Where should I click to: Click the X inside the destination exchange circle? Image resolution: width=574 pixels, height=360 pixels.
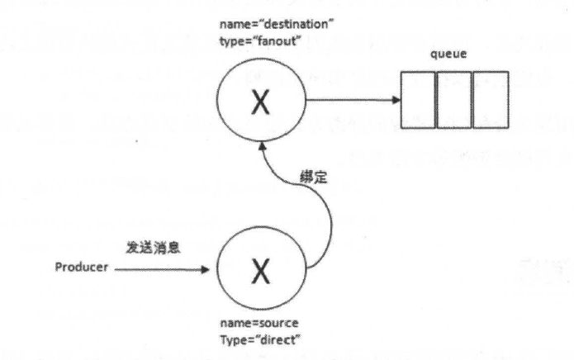[260, 103]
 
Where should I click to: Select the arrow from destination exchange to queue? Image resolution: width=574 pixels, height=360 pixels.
[347, 102]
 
